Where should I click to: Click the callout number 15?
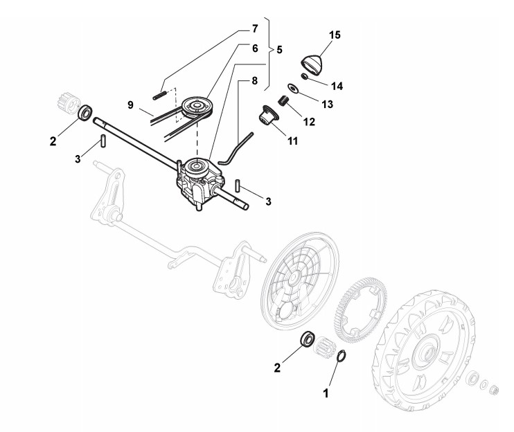[x=335, y=35]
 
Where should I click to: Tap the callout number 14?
[x=337, y=87]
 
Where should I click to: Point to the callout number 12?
[x=308, y=122]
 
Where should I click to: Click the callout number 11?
[x=292, y=141]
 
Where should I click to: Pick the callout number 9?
[x=130, y=105]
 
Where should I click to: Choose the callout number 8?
[x=255, y=80]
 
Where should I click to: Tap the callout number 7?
[x=255, y=29]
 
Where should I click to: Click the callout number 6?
[x=255, y=48]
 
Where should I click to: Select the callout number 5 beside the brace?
[x=279, y=51]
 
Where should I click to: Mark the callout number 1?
[x=326, y=392]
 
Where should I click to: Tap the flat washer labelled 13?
[x=294, y=88]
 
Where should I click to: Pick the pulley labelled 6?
[x=199, y=105]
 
